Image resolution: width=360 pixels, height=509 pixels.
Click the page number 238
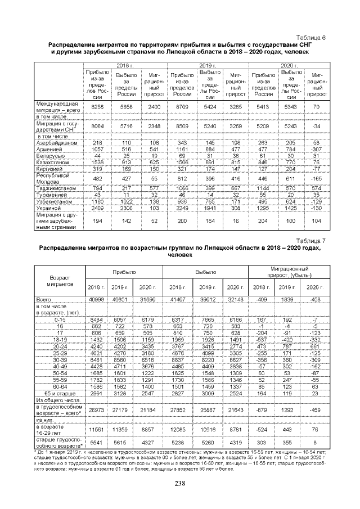tap(180, 483)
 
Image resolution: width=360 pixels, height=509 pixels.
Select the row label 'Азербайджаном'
tap(53, 143)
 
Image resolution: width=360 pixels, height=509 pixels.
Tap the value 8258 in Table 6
tap(98, 106)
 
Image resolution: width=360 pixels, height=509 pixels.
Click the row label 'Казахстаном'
tap(52, 161)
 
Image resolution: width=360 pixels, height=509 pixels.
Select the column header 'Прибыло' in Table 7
tap(124, 272)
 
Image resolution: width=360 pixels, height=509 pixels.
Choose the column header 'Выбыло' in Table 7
tap(205, 272)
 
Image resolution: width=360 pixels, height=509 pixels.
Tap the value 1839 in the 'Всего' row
tap(290, 299)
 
